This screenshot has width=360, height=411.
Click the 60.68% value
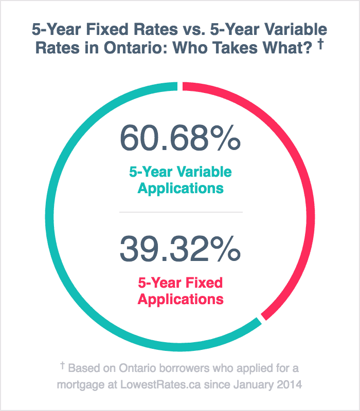click(x=180, y=138)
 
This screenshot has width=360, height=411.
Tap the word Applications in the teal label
click(x=180, y=188)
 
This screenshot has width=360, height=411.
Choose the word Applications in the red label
click(x=180, y=299)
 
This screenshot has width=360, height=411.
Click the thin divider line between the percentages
click(x=180, y=212)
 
